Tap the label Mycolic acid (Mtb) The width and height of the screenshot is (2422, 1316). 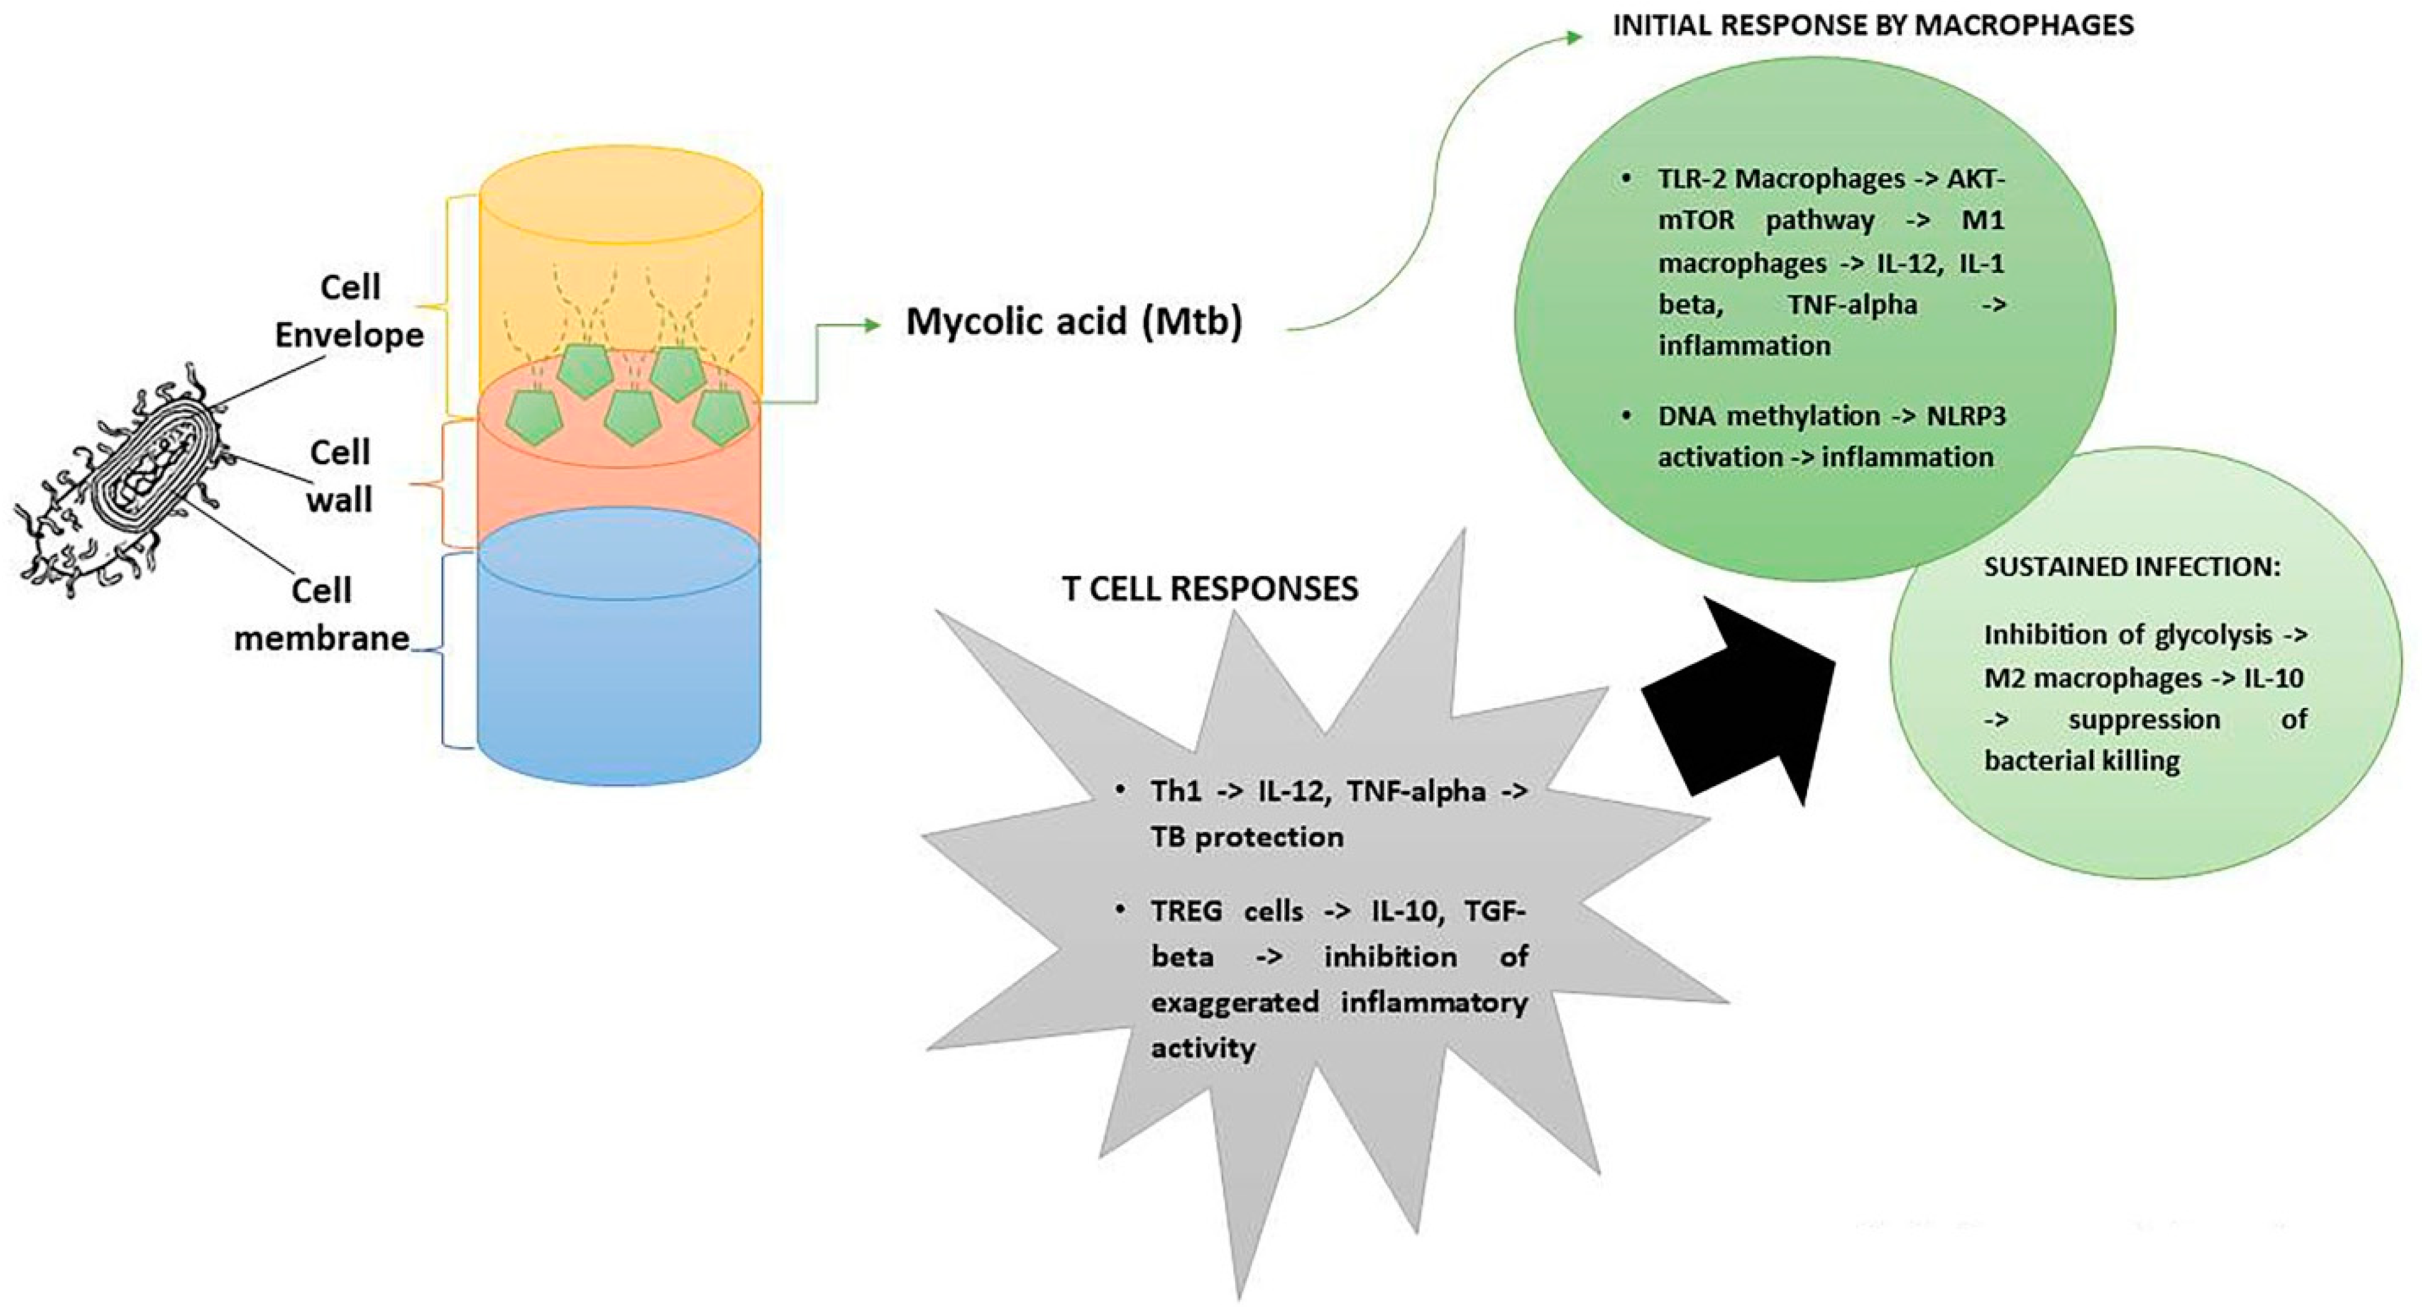1074,321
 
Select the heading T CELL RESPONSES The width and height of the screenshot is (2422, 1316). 1210,588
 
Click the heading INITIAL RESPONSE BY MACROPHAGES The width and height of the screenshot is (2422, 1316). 1873,25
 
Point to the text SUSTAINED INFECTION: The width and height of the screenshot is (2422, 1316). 2132,567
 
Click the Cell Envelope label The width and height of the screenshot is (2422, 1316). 349,310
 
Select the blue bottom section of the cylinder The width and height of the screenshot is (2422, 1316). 619,677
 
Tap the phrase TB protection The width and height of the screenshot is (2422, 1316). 1247,836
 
